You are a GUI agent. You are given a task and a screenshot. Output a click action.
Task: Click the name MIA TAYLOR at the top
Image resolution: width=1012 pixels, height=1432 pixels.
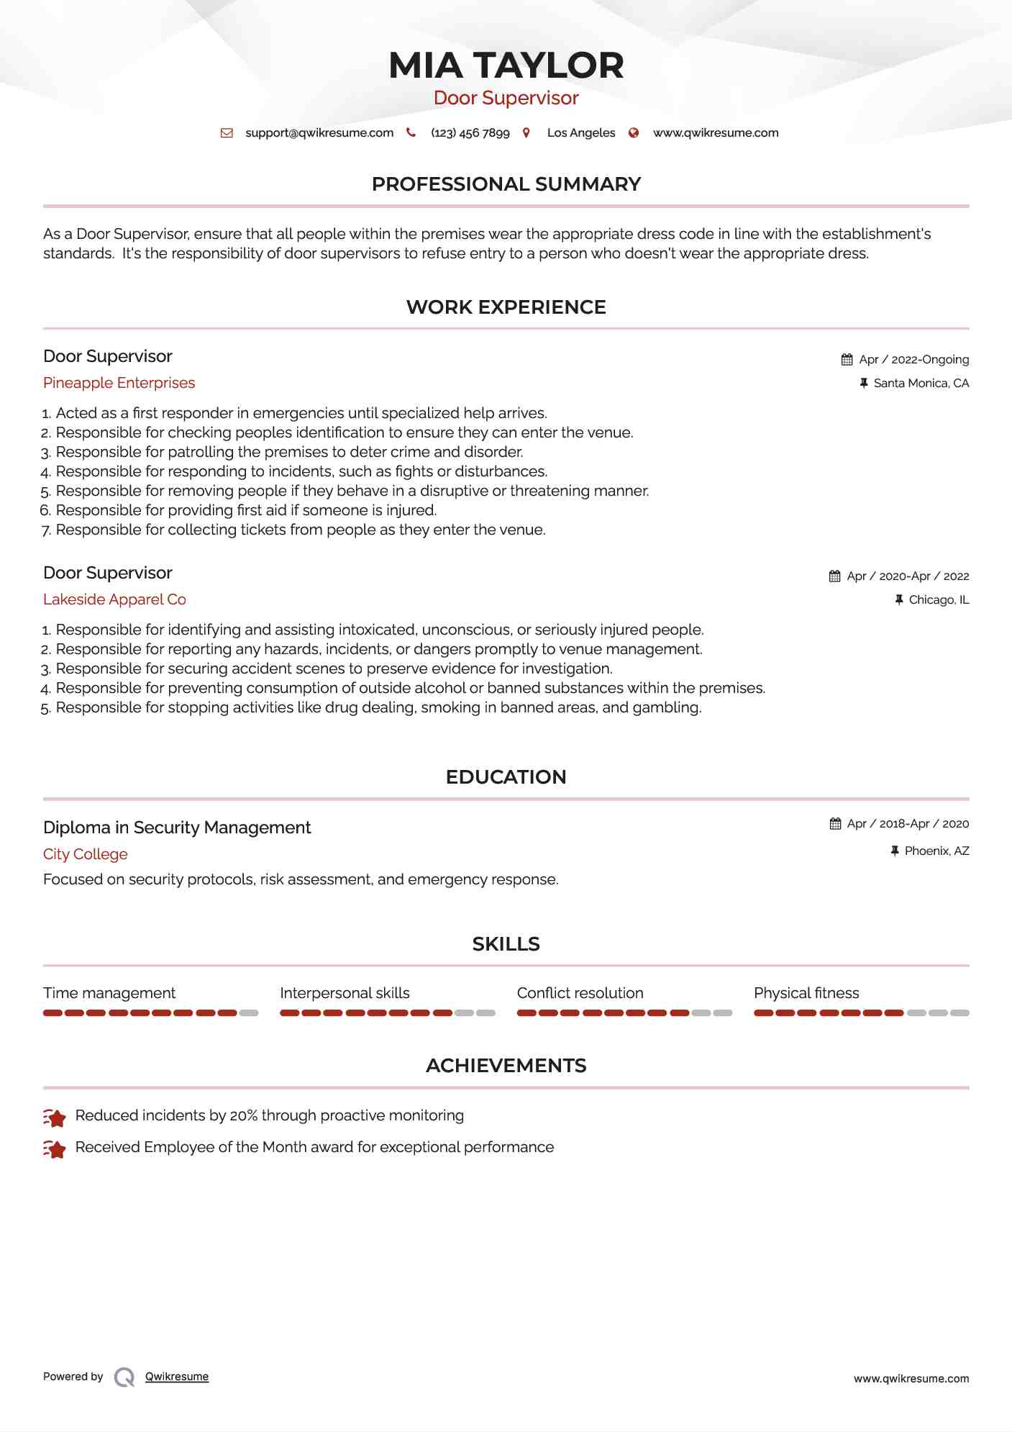pyautogui.click(x=506, y=65)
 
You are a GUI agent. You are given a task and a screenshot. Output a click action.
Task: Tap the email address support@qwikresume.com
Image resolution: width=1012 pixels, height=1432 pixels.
pyautogui.click(x=319, y=133)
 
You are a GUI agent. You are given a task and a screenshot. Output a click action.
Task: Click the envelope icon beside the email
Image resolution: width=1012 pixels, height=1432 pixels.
pyautogui.click(x=227, y=133)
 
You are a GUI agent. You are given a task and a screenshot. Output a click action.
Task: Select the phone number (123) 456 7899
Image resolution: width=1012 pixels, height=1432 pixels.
pyautogui.click(x=470, y=133)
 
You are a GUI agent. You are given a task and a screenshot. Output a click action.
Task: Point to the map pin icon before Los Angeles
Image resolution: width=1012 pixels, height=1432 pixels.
pyautogui.click(x=526, y=133)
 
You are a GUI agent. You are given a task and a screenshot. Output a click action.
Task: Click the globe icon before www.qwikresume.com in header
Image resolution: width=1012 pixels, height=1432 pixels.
pyautogui.click(x=634, y=133)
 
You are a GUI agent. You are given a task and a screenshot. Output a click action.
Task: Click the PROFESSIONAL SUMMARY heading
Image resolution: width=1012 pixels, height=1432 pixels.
pyautogui.click(x=506, y=184)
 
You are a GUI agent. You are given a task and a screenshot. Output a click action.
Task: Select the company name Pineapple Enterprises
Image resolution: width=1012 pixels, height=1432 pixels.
pyautogui.click(x=119, y=383)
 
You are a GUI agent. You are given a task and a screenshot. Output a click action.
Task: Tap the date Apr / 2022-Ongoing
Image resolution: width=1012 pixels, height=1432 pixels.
pyautogui.click(x=913, y=360)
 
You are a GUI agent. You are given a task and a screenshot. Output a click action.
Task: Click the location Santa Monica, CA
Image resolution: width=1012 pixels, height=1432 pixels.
pyautogui.click(x=921, y=384)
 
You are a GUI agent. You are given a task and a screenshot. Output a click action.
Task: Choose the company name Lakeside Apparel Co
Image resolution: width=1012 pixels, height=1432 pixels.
pyautogui.click(x=114, y=599)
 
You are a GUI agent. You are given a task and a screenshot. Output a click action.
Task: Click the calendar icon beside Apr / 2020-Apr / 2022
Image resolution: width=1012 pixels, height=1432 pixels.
pyautogui.click(x=834, y=576)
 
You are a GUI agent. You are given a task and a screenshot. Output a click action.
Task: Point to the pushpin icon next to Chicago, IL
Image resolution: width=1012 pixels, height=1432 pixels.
pyautogui.click(x=898, y=599)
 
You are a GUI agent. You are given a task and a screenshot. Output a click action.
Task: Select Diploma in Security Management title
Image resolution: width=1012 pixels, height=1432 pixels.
pyautogui.click(x=177, y=828)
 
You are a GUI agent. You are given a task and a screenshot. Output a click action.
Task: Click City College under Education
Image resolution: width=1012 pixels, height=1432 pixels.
pyautogui.click(x=85, y=854)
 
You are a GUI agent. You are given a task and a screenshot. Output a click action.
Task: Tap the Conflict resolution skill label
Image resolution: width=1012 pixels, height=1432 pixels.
pyautogui.click(x=580, y=993)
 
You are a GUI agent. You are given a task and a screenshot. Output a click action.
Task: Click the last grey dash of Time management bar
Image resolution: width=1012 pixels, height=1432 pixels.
pyautogui.click(x=249, y=1013)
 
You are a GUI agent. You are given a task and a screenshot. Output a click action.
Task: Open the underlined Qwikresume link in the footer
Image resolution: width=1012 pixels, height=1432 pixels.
pyautogui.click(x=177, y=1377)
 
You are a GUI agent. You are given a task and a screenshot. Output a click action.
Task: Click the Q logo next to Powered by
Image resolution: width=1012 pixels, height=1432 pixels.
pyautogui.click(x=124, y=1377)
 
